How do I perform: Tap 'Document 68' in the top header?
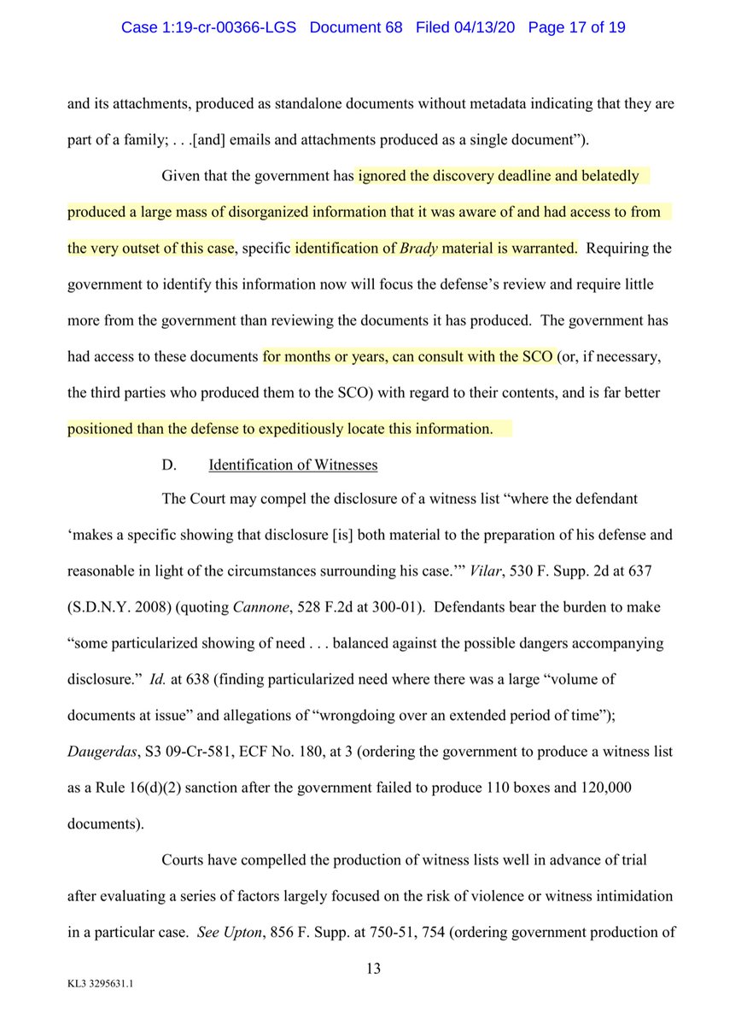[357, 27]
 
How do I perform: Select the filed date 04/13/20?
[485, 27]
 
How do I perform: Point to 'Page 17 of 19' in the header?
[577, 27]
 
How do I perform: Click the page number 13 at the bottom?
[373, 969]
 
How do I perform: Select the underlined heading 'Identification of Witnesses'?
[293, 465]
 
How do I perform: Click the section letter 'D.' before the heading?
[169, 465]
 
